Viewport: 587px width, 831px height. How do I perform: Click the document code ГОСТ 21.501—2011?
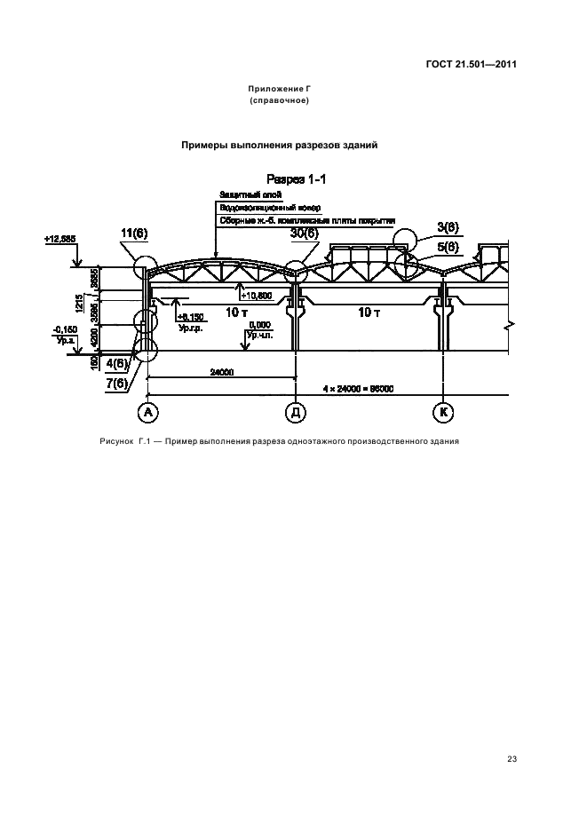coord(472,63)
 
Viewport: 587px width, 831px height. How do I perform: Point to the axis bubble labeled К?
coord(442,412)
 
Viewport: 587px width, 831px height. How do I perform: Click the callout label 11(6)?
coord(133,233)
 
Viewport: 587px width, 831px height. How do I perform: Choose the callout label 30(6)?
coord(304,233)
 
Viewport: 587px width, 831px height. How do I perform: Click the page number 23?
coord(512,758)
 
